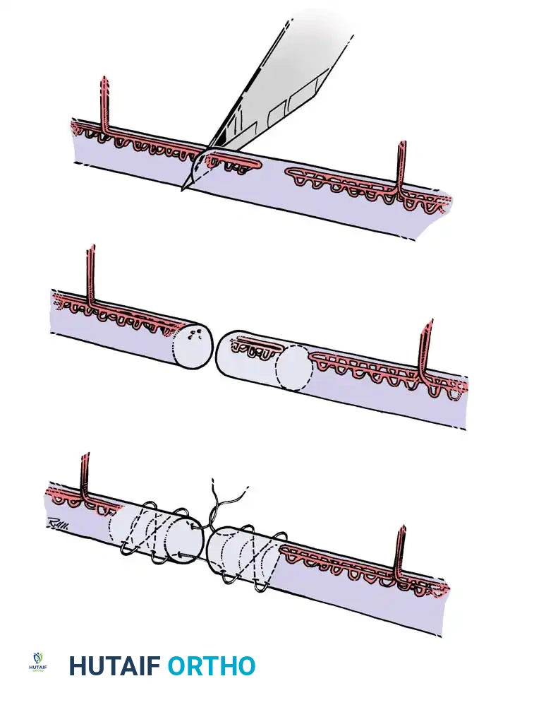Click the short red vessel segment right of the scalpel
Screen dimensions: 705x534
point(236,162)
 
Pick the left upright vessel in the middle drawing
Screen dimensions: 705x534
point(90,276)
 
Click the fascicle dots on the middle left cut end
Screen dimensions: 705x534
point(197,338)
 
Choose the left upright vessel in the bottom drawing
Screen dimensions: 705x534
point(85,477)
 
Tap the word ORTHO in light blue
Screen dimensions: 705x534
point(211,665)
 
